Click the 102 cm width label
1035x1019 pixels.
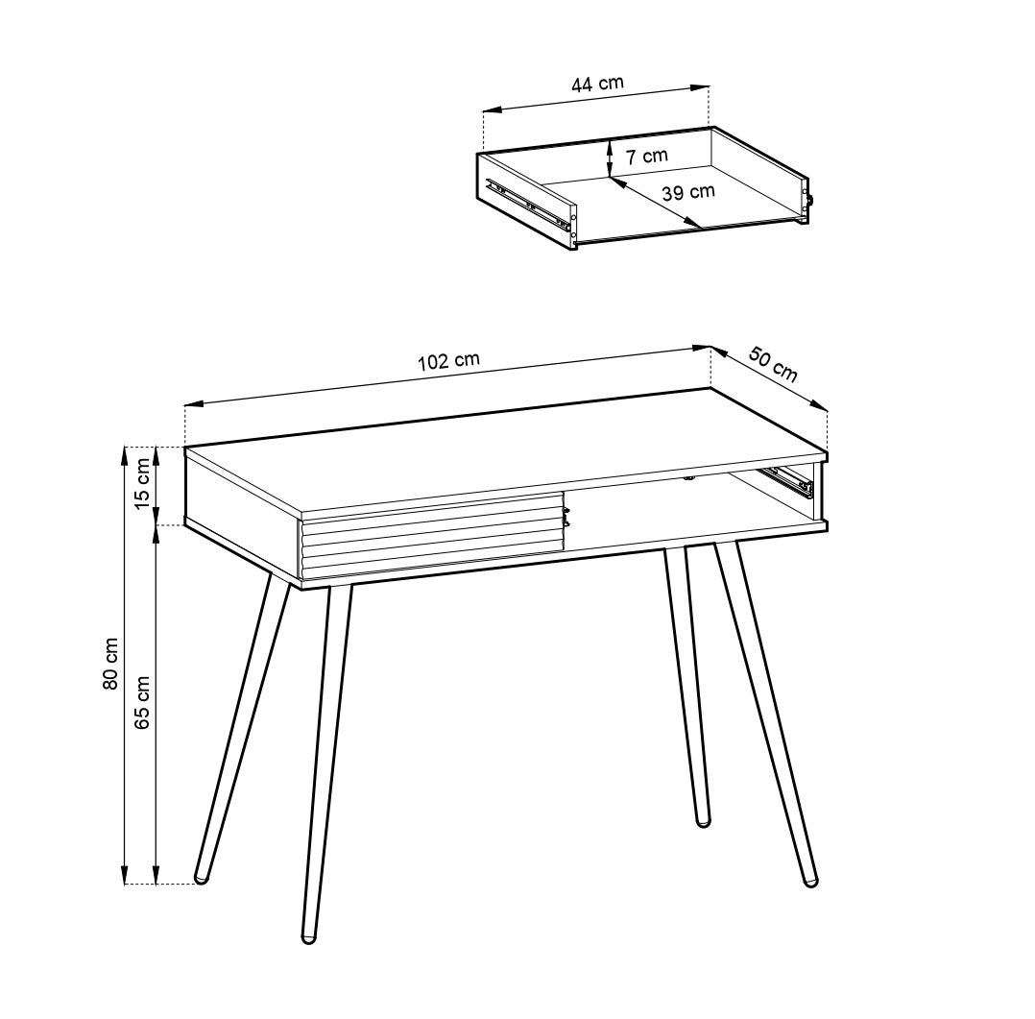tap(448, 361)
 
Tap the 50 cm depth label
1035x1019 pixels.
tap(773, 365)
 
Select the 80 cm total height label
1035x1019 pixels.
tap(111, 664)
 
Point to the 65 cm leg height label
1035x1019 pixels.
tap(142, 702)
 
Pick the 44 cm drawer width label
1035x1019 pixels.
tap(597, 84)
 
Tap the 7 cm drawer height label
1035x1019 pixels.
tap(647, 157)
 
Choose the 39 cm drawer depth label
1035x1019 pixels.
tap(688, 192)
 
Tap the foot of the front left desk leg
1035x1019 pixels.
tap(308, 936)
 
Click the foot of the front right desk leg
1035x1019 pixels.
tap(809, 880)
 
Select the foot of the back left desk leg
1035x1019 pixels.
tap(202, 878)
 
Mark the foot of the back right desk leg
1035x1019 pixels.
tap(703, 821)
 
